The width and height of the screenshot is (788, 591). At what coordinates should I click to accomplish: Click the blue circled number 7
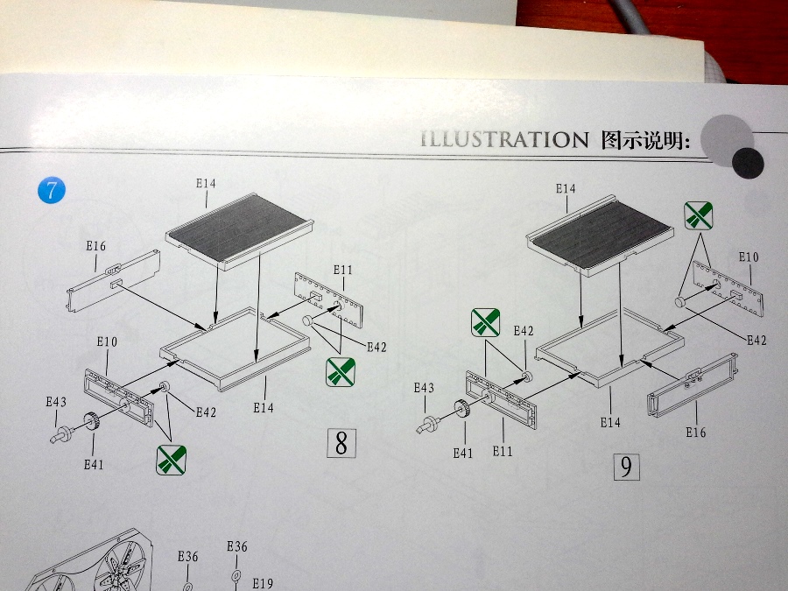(x=51, y=190)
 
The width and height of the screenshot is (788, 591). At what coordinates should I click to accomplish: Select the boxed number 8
(x=341, y=443)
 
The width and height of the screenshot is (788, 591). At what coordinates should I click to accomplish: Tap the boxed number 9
(x=626, y=467)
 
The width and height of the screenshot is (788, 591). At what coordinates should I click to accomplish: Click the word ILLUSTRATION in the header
(x=504, y=139)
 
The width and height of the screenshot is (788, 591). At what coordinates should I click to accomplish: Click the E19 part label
(x=263, y=583)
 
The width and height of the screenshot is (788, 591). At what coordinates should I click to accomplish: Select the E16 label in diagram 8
(x=96, y=246)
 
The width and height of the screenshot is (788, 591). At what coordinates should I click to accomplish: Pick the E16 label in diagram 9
(x=696, y=432)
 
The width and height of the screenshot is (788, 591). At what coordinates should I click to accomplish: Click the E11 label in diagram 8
(x=342, y=270)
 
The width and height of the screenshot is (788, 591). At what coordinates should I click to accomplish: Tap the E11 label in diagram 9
(x=502, y=450)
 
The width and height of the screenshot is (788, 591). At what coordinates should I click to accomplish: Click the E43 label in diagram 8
(x=56, y=402)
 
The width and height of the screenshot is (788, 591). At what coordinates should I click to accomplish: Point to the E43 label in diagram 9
(x=424, y=388)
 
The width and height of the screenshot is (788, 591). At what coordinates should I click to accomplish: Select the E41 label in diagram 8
(x=94, y=464)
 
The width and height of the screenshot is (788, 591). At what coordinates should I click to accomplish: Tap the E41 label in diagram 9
(x=463, y=453)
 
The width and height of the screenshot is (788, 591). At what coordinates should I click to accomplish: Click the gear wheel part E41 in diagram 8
(x=92, y=423)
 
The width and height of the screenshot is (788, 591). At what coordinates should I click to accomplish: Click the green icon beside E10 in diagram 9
(x=698, y=215)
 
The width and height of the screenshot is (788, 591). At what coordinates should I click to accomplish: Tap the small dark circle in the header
(x=747, y=160)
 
